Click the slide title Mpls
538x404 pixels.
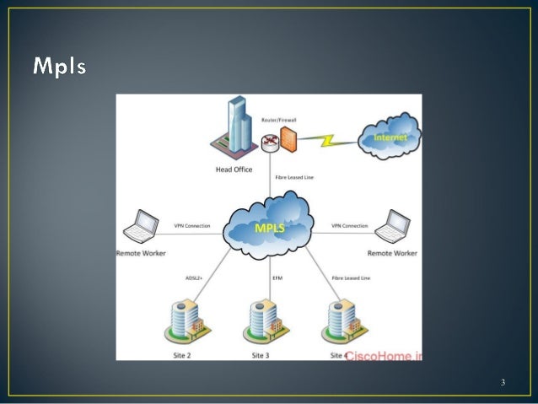click(59, 66)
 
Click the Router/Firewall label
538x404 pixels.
click(278, 121)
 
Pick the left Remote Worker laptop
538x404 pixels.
click(140, 227)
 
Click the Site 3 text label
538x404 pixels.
click(262, 356)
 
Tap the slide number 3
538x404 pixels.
click(503, 385)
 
